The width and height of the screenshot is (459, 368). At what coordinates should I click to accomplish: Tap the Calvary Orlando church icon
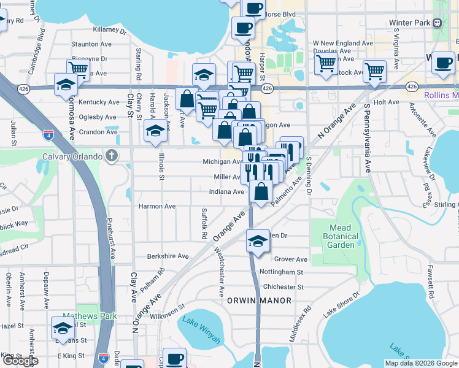pos(111,156)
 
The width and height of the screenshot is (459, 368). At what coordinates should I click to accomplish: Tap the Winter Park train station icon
pos(437,23)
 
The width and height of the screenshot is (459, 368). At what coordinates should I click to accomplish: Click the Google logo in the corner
pos(20,361)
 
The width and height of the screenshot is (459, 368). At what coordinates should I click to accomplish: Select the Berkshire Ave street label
pos(168,256)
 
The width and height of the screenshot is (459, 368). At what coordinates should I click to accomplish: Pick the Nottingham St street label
pos(281,272)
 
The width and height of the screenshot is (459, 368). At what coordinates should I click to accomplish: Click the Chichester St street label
pos(283,286)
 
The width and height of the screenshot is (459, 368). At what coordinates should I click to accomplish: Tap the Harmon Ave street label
pos(156,207)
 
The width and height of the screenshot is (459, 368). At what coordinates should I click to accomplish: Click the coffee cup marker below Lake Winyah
pos(174,358)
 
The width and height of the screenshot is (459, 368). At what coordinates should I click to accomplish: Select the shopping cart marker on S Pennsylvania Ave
pos(374,70)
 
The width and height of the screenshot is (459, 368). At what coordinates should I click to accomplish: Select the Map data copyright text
pos(421,363)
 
